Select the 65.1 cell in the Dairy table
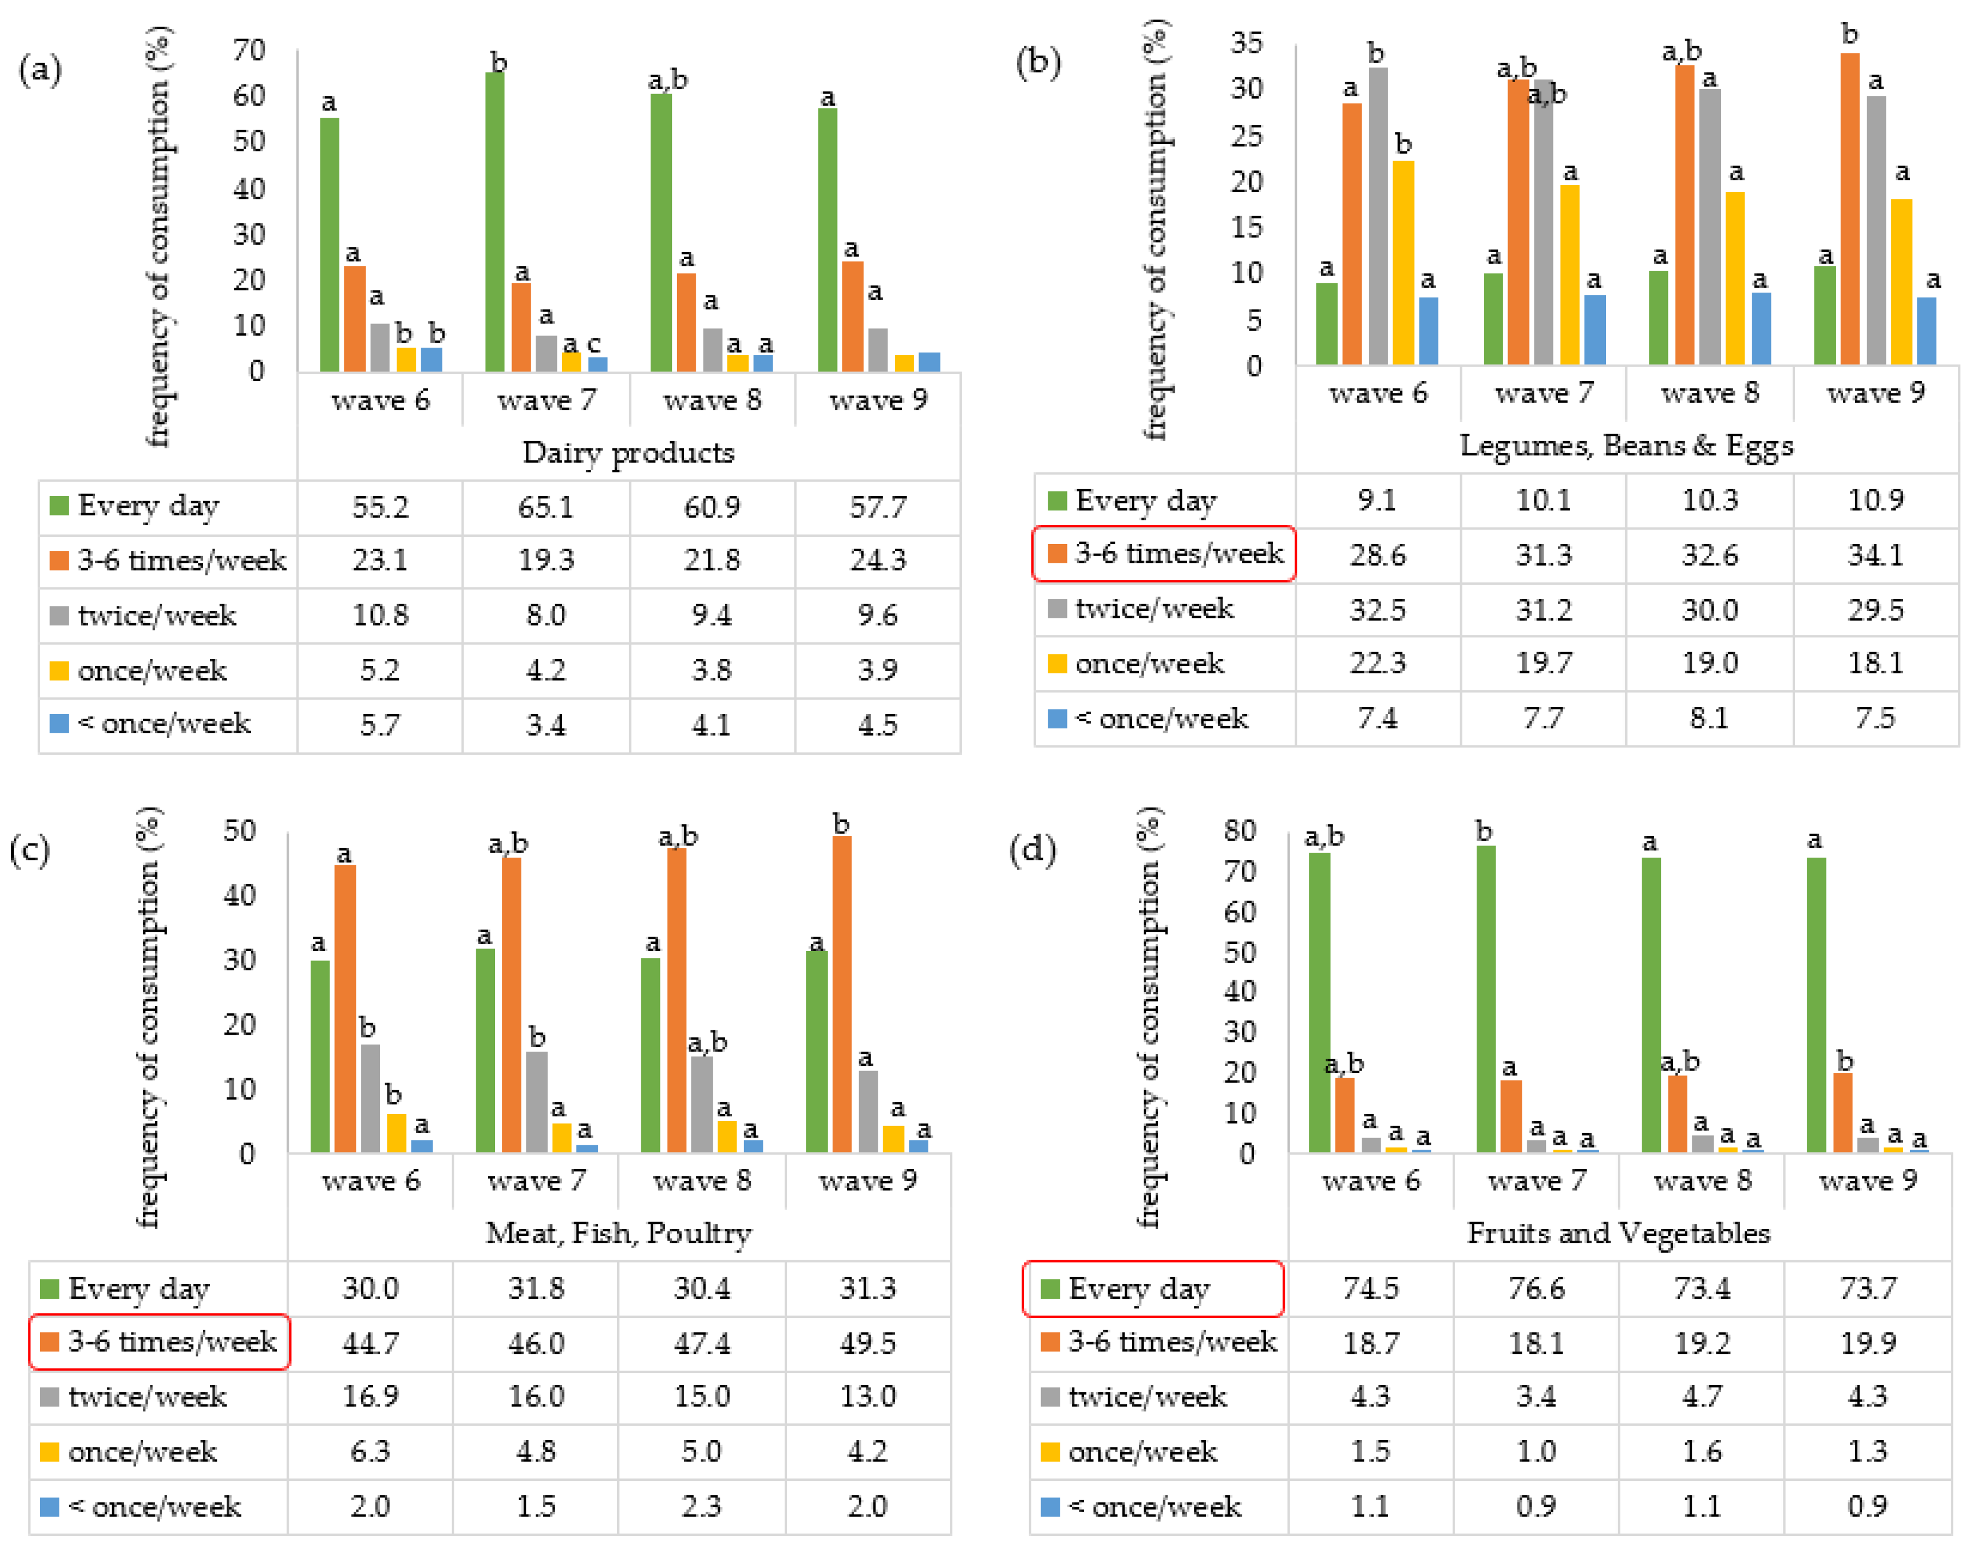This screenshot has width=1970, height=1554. tap(546, 507)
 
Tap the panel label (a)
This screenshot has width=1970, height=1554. tap(40, 69)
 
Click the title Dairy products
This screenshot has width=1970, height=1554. tap(628, 452)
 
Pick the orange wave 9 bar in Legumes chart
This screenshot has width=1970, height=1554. tap(1849, 209)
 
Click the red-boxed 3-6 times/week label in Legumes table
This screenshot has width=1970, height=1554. tap(1163, 553)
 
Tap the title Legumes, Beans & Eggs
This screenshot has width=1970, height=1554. tap(1626, 446)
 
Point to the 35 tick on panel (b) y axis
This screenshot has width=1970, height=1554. tap(1246, 43)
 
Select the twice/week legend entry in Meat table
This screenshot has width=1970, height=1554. tap(146, 1397)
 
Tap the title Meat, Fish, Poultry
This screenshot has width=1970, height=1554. tap(619, 1233)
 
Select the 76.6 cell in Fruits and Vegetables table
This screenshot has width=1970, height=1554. tap(1536, 1288)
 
